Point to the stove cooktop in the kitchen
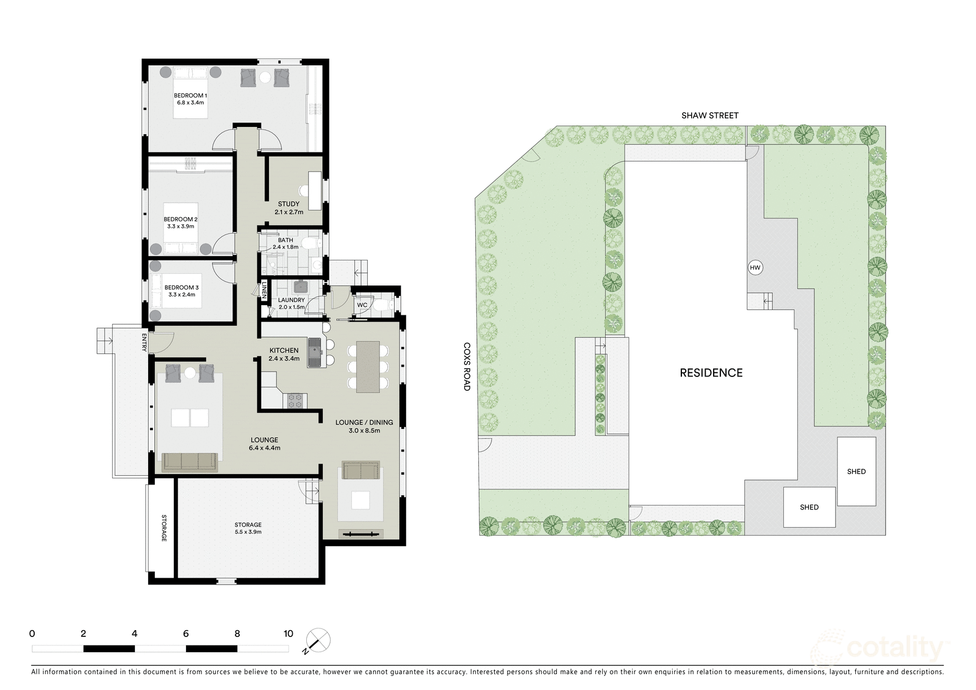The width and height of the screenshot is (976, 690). click(295, 401)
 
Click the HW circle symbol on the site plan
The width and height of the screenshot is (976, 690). click(755, 268)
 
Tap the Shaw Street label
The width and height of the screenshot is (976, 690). click(710, 115)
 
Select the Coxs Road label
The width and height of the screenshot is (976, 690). click(467, 366)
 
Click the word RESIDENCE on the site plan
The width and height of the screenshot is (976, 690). click(711, 373)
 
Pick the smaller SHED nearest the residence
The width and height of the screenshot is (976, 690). click(809, 507)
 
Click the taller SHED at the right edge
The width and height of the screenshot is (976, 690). click(856, 471)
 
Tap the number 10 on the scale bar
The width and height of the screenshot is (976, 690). click(289, 634)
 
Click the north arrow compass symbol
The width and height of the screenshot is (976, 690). click(317, 641)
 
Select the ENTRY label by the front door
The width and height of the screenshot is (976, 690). click(145, 342)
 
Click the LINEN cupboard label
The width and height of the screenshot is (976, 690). click(265, 290)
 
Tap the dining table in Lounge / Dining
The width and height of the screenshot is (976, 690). click(368, 367)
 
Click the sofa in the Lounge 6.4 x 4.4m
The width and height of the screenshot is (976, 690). click(190, 462)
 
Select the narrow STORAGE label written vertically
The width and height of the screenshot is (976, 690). click(163, 528)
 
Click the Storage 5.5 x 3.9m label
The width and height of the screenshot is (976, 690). click(248, 528)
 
